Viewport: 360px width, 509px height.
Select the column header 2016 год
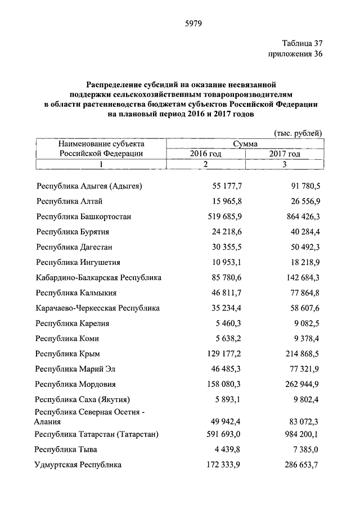pyautogui.click(x=205, y=154)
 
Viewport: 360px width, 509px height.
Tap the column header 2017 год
pyautogui.click(x=285, y=154)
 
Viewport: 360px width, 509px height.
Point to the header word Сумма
pyautogui.click(x=245, y=144)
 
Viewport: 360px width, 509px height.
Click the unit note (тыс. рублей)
pyautogui.click(x=298, y=133)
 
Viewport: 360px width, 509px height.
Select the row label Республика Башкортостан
pyautogui.click(x=83, y=216)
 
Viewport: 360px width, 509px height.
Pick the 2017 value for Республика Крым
pyautogui.click(x=303, y=354)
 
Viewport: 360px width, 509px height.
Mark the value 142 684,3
pyautogui.click(x=303, y=278)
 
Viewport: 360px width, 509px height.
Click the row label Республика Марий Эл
pyautogui.click(x=73, y=370)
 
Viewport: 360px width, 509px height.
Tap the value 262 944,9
pyautogui.click(x=303, y=385)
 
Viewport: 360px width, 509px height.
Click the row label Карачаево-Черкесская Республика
pyautogui.click(x=98, y=308)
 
